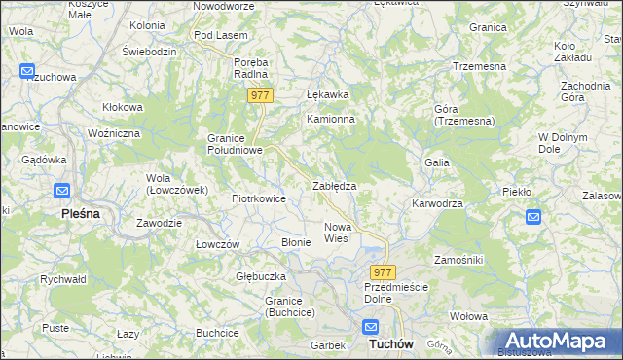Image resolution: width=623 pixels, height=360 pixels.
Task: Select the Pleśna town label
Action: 81,212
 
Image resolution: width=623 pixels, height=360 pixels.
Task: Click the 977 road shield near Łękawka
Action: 260,95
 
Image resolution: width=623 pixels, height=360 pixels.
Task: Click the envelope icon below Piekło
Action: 532,217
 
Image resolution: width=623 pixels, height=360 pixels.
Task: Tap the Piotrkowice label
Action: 258,198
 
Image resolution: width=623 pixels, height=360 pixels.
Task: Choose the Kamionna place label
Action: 331,119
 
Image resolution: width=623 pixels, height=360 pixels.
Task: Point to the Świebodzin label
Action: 148,51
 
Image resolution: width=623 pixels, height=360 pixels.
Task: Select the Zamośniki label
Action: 458,262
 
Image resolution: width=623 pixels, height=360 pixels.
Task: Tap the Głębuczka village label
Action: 260,276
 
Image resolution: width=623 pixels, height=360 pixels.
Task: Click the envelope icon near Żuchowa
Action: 27,72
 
